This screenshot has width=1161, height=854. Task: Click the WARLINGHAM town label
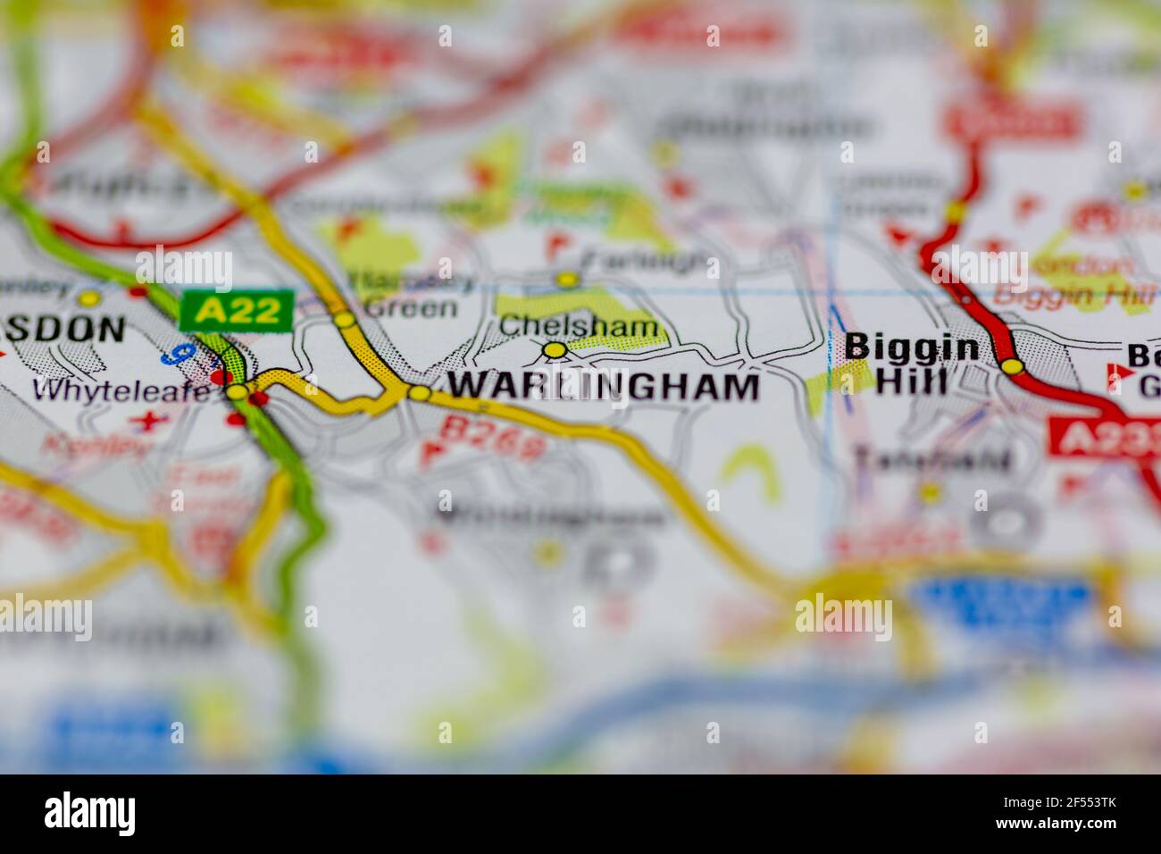coord(604,386)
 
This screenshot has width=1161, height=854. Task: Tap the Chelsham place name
coord(578,326)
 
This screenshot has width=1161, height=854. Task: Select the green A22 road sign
coord(237,310)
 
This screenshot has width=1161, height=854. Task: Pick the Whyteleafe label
coord(122,389)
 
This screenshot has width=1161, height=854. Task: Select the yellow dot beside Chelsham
coord(555,350)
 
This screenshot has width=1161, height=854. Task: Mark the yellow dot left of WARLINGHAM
coord(418,393)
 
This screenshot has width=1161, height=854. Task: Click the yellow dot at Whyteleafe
coord(237,391)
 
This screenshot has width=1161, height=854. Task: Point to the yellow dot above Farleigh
coord(566,280)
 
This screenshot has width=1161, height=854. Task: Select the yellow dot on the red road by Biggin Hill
coord(1011,365)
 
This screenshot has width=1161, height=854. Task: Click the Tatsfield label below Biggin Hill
coord(932,459)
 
